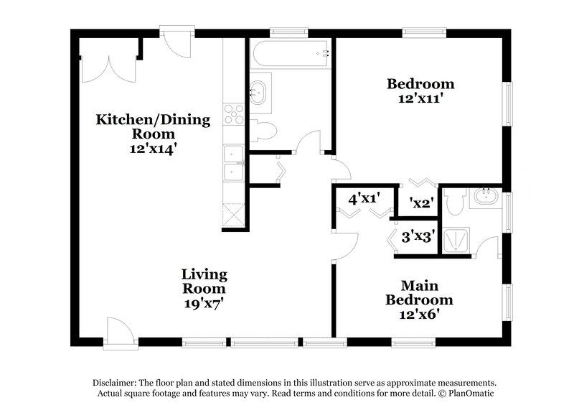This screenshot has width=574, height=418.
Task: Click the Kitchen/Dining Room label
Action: [x=153, y=126]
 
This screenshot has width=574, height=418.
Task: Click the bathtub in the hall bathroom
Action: [x=290, y=52]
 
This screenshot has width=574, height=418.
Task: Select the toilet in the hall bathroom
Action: [x=263, y=131]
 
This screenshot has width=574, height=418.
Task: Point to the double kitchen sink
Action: [x=233, y=163]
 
